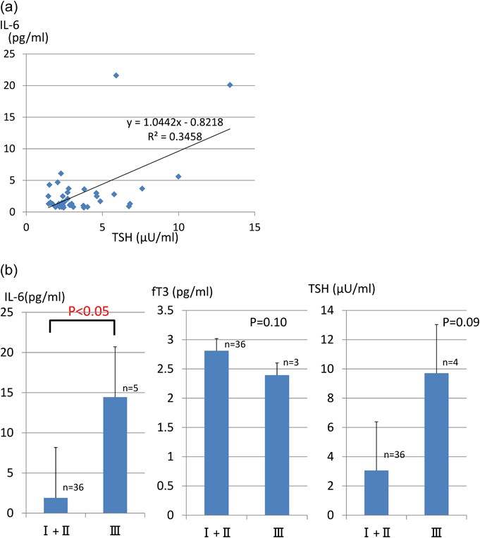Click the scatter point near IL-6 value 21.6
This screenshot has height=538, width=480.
[116, 75]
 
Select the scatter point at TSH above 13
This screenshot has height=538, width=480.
[230, 85]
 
